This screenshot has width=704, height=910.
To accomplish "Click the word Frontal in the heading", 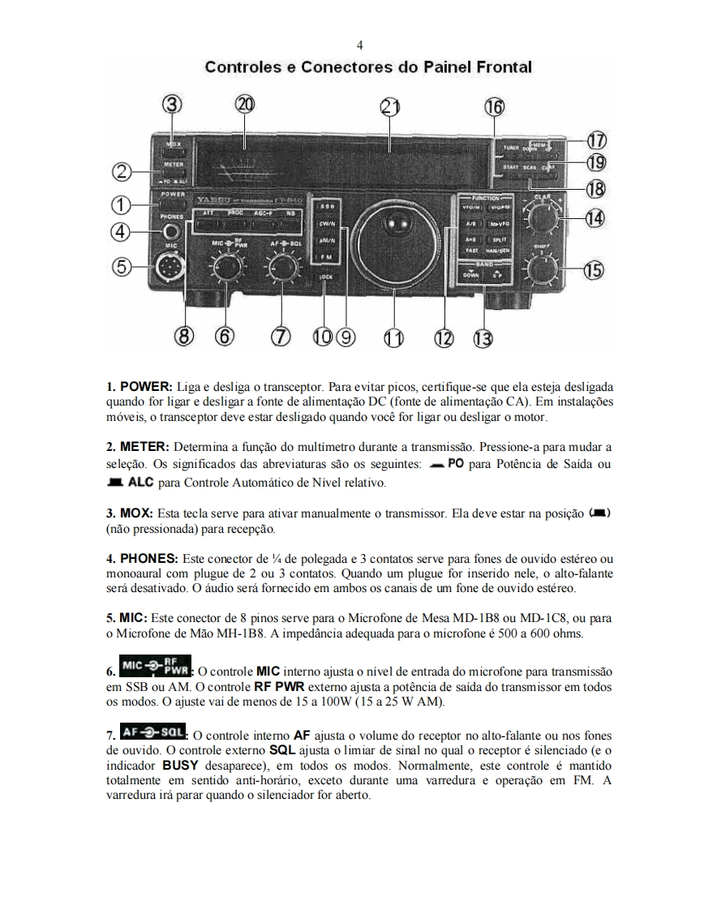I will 501,67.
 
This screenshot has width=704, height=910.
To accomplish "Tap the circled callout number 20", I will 244,105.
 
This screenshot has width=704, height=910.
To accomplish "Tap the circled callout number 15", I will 595,271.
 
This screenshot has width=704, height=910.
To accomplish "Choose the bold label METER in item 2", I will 144,447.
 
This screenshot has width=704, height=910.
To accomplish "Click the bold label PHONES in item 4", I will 148,559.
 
